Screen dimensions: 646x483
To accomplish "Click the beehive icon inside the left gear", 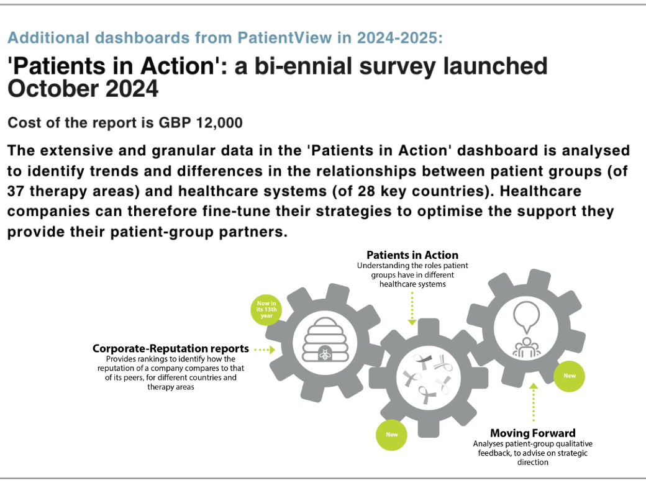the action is coord(325,340).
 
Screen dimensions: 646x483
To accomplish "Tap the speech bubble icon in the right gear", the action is coord(526,317).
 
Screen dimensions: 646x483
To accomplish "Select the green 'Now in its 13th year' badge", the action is coord(266,310).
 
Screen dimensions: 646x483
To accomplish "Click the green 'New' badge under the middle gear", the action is coord(391,435).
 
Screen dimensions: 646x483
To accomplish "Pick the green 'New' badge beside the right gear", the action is coord(570,376).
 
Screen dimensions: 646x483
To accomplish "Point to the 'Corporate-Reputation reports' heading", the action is coord(171,349).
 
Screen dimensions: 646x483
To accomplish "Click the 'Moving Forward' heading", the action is coord(533,433).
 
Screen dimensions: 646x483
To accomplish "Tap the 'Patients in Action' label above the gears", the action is coord(412,255).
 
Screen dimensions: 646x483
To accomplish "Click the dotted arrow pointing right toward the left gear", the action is coord(265,350).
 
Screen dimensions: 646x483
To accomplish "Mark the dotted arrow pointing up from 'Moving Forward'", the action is coord(534,402).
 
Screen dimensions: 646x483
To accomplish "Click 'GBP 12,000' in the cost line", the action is coord(201,123).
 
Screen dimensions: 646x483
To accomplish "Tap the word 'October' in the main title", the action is coord(53,89).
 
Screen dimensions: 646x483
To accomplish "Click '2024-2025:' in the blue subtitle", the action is coord(399,38).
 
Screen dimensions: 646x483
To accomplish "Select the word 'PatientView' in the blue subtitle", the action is coord(284,38).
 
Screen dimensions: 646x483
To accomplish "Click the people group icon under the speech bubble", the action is coord(527,347).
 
